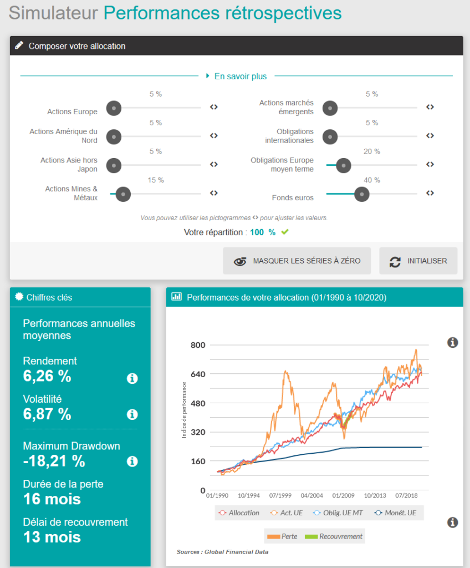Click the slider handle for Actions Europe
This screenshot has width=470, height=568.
(x=114, y=108)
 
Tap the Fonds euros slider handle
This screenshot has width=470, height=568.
(x=362, y=194)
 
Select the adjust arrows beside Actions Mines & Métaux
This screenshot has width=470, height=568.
(x=214, y=193)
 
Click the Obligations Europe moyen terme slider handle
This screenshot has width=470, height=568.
(x=344, y=165)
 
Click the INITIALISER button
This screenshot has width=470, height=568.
(x=418, y=261)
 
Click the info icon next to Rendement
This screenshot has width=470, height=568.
(x=132, y=379)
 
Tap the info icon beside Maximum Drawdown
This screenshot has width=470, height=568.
(x=132, y=461)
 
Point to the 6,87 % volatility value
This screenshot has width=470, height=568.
(x=47, y=414)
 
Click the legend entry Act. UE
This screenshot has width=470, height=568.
(x=287, y=513)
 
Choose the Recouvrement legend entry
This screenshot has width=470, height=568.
(x=335, y=536)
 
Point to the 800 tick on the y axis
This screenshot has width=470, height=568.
(x=198, y=345)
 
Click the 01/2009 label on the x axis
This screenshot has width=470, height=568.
(x=344, y=495)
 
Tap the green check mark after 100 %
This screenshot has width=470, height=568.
(x=285, y=232)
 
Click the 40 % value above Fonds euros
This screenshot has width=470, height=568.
(x=372, y=180)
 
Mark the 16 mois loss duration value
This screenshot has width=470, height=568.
(x=52, y=499)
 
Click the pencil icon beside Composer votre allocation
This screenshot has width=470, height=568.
(x=19, y=45)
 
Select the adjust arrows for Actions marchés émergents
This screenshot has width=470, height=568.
(x=430, y=107)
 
